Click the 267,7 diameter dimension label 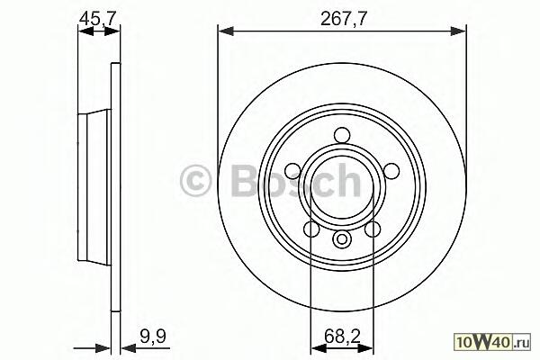343,19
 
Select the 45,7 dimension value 98,19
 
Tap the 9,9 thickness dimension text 153,337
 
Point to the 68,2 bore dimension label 342,337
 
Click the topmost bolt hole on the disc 342,134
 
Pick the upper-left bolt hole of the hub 293,170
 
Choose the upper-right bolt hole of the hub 391,170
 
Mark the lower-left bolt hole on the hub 311,229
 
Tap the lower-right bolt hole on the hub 373,229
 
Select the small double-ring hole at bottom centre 342,238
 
